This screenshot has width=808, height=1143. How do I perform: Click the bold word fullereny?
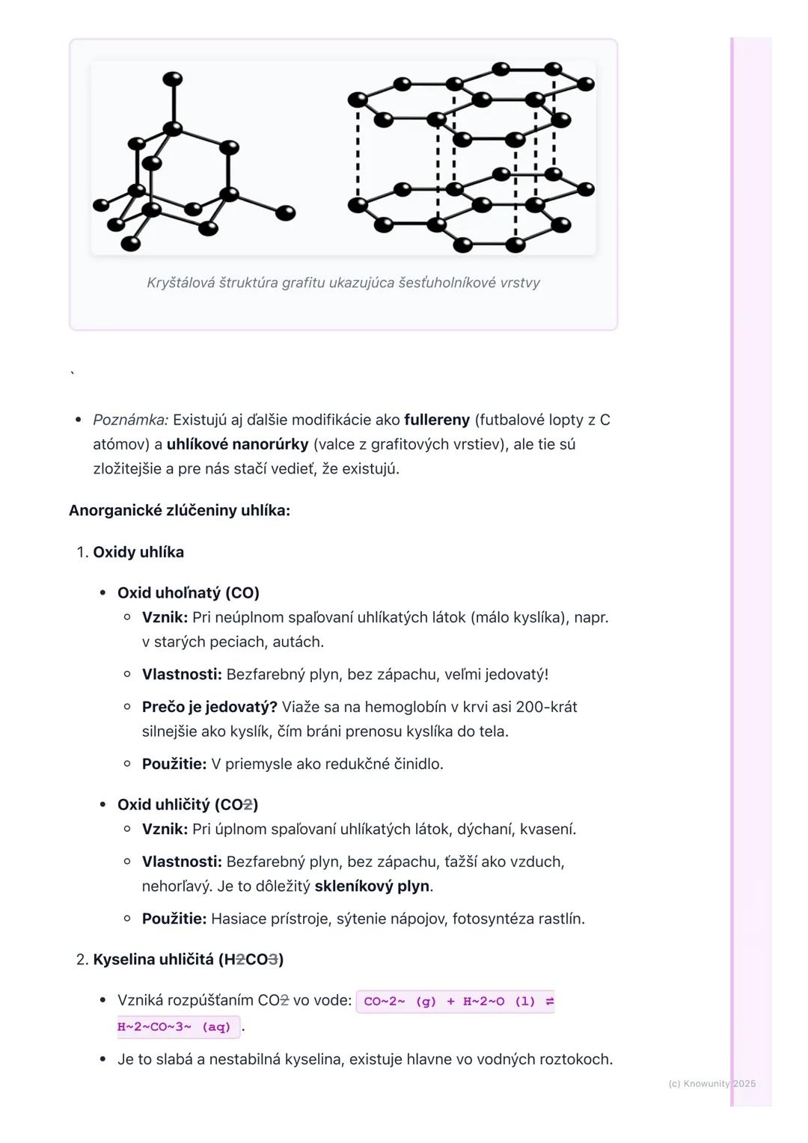pyautogui.click(x=437, y=420)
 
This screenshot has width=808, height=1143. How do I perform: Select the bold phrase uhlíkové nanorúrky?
pyautogui.click(x=237, y=444)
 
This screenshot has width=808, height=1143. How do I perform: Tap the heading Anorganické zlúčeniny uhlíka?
pyautogui.click(x=180, y=510)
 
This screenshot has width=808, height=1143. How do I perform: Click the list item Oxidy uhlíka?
pyautogui.click(x=138, y=552)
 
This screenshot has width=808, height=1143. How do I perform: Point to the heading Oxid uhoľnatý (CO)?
pyautogui.click(x=189, y=592)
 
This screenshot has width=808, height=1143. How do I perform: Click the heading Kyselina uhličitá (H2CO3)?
pyautogui.click(x=189, y=959)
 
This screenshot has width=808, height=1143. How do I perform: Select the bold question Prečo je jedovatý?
pyautogui.click(x=209, y=707)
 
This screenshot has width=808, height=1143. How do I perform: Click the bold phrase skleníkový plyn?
pyautogui.click(x=372, y=886)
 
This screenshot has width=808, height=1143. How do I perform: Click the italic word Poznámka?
pyautogui.click(x=131, y=420)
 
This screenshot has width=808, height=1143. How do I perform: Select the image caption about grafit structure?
pyautogui.click(x=343, y=283)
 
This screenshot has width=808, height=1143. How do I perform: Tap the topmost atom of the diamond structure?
pyautogui.click(x=173, y=79)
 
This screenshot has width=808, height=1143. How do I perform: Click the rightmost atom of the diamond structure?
pyautogui.click(x=285, y=213)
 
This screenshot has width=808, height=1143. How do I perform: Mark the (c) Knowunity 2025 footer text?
pyautogui.click(x=711, y=1083)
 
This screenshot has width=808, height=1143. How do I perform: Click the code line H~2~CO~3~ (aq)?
pyautogui.click(x=178, y=1027)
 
